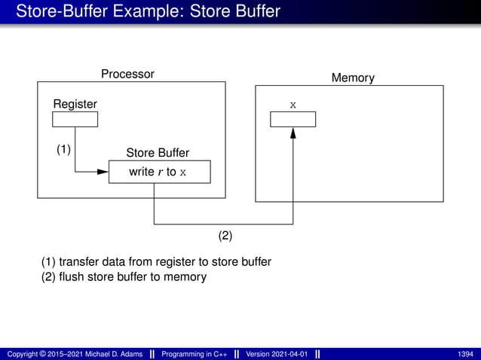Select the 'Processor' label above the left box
pos(127,74)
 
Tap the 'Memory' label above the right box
pos(353,78)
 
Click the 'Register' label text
pos(75,103)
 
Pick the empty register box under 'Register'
pos(75,119)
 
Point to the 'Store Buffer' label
pos(158,153)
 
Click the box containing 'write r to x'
pos(159,172)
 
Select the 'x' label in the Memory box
pos(293,103)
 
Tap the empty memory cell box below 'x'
pos(293,119)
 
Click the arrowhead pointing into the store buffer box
pos(103,172)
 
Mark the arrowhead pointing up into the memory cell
pos(293,133)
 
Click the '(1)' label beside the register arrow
pos(64,149)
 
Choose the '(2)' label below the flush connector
pos(225,235)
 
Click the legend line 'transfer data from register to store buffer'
pos(156,261)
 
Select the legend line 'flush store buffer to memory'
pos(124,276)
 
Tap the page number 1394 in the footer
pos(465,354)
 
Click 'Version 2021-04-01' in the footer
pos(277,354)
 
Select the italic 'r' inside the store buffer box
pos(160,172)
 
